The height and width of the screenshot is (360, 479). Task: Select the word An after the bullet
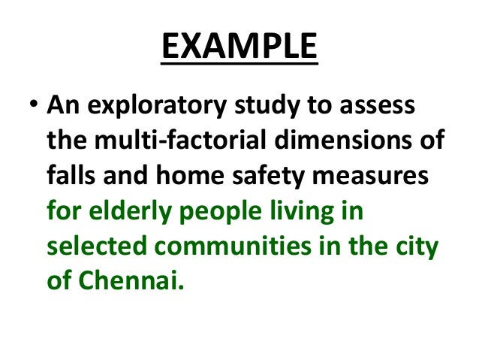click(x=62, y=107)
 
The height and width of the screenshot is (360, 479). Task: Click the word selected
click(x=94, y=247)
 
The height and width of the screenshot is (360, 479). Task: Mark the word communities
click(x=241, y=247)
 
